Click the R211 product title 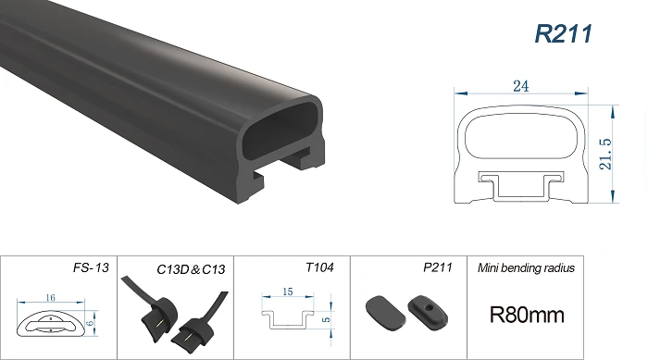tap(563, 33)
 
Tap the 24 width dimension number tap(520, 86)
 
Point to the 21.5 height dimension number tap(605, 154)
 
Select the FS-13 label tap(91, 267)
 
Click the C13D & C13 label tap(191, 269)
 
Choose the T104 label tap(319, 267)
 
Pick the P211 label tap(438, 267)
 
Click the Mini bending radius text tap(526, 267)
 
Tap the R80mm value tap(527, 315)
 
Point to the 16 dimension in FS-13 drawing tap(50, 298)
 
